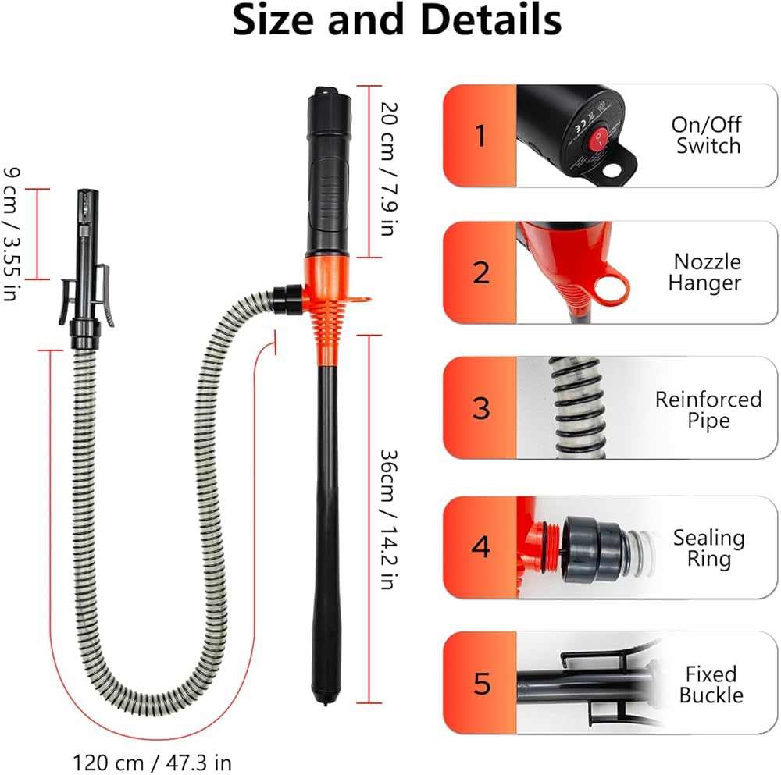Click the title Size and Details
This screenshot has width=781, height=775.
(x=397, y=21)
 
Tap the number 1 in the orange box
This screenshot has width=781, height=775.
(x=480, y=136)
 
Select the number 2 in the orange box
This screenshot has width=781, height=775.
(x=480, y=272)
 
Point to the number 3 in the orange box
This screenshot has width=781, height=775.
(x=480, y=408)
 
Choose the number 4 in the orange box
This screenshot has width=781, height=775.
(x=480, y=547)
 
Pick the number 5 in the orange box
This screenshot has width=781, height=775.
(x=480, y=684)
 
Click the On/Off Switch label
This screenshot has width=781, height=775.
(x=706, y=135)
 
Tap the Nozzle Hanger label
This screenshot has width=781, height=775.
(x=707, y=272)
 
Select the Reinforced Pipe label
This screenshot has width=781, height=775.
(x=708, y=410)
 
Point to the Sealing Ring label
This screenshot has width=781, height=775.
(x=708, y=547)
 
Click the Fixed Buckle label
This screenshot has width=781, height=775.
(x=711, y=684)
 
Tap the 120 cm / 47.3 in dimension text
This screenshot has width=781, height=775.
(x=152, y=760)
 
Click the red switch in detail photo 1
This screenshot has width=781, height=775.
(x=599, y=139)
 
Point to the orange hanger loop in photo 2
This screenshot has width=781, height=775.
(x=612, y=289)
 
